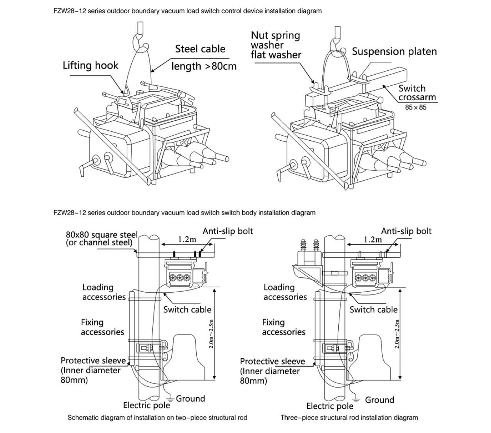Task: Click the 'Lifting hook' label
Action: [90, 66]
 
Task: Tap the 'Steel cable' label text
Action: [200, 49]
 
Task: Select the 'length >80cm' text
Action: [204, 66]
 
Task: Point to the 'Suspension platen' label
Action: [394, 52]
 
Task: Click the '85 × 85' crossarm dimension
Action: [416, 107]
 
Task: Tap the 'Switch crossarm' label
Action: [417, 93]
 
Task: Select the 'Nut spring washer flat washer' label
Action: [276, 45]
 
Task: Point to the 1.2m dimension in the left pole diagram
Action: [187, 240]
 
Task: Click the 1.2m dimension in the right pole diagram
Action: [373, 240]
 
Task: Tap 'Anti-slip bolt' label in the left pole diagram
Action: [227, 231]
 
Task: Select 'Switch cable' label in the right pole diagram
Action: [373, 310]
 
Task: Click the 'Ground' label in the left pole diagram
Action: [190, 399]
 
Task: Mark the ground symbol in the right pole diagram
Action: [356, 400]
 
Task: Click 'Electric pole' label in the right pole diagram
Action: [330, 406]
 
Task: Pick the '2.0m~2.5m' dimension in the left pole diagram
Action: [212, 334]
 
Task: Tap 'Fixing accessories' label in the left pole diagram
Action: [102, 327]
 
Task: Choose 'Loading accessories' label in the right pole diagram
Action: [285, 292]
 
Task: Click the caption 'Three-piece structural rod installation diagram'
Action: [349, 418]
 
